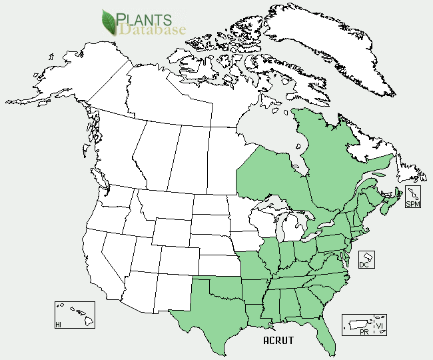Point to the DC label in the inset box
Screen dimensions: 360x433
[x=364, y=265]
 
